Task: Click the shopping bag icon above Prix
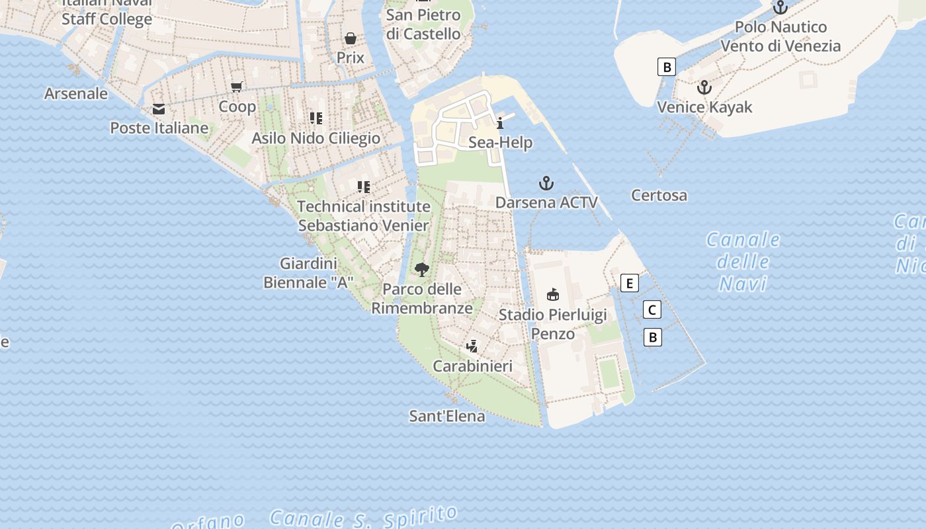click(351, 38)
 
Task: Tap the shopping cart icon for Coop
click(237, 87)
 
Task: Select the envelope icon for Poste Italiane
click(159, 109)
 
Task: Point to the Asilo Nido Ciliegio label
click(316, 138)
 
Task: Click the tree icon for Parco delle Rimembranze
click(421, 270)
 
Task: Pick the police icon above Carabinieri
click(472, 346)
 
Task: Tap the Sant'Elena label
click(447, 416)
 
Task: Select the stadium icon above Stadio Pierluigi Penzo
click(553, 295)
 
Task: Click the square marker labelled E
click(630, 284)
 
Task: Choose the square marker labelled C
click(652, 309)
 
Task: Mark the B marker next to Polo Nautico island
click(667, 67)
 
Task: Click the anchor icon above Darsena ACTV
click(546, 183)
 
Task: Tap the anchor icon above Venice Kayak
click(704, 87)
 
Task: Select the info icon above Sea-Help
click(500, 123)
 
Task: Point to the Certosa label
click(659, 195)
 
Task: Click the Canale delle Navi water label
click(743, 261)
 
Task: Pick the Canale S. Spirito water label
click(364, 516)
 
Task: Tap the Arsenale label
click(76, 93)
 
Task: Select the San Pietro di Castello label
click(423, 24)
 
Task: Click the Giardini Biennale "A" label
click(308, 272)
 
